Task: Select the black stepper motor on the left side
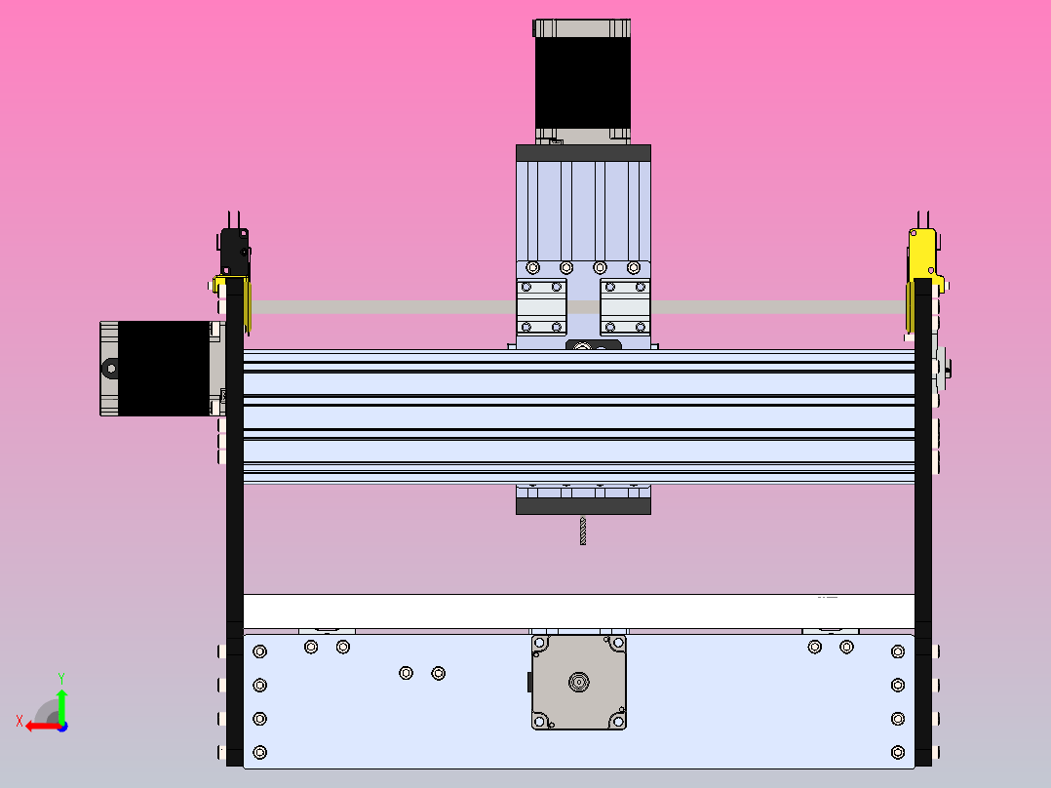(164, 368)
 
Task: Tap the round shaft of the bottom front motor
(579, 682)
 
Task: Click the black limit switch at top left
(234, 251)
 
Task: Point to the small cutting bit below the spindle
(583, 531)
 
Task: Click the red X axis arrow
(37, 725)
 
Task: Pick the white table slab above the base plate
(578, 611)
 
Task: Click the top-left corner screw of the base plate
(259, 651)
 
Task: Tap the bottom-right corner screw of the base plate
(898, 752)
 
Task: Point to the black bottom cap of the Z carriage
(583, 506)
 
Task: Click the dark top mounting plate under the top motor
(583, 153)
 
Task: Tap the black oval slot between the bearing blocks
(593, 345)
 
